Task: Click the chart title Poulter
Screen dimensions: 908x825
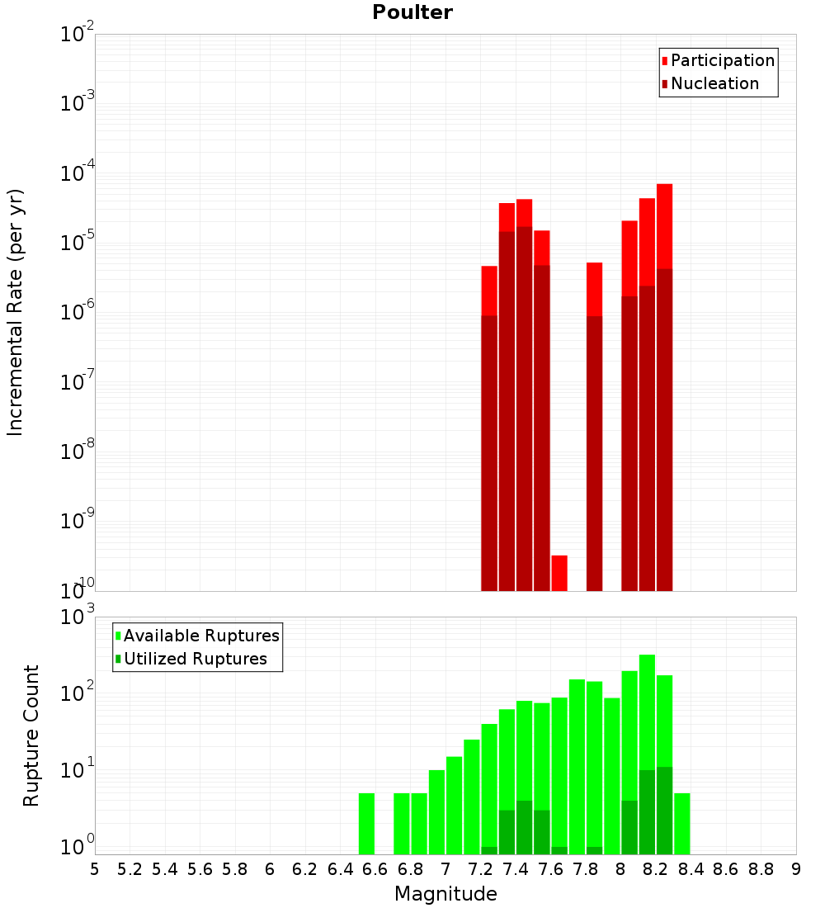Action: pos(412,12)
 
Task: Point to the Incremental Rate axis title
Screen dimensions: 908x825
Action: pos(16,312)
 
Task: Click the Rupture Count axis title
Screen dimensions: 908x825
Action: pos(31,735)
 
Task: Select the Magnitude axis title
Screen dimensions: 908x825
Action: pos(445,894)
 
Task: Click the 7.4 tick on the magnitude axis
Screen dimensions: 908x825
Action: pos(516,869)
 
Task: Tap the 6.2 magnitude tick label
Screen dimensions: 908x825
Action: pos(304,869)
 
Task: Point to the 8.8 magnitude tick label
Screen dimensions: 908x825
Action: pos(761,869)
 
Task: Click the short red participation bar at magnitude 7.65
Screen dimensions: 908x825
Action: pos(559,573)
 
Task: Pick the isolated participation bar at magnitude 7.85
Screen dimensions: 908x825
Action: pos(594,289)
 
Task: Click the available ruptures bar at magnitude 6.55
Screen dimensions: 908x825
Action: pos(366,823)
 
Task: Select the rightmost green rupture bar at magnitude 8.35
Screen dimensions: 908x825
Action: pos(682,823)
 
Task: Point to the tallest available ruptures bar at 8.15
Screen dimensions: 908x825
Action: pos(647,710)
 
